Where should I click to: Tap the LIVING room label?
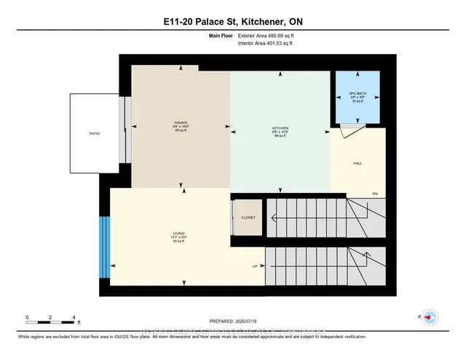tap(169, 235)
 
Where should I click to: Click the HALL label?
tap(357, 163)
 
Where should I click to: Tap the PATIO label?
tap(95, 133)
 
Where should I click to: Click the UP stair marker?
tap(256, 266)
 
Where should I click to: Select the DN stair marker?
tap(375, 194)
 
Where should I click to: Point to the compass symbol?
tap(430, 317)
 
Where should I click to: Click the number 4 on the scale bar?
tap(74, 317)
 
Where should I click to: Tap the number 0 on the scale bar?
tap(27, 317)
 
